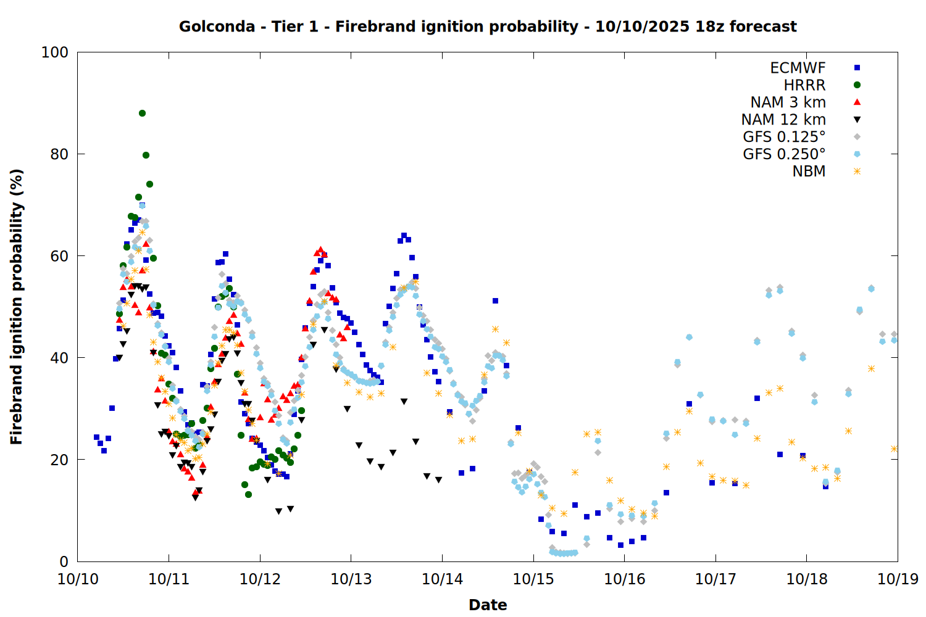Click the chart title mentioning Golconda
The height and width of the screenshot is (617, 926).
(488, 27)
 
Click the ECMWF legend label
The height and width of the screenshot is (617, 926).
(798, 68)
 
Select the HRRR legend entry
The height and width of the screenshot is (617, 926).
(804, 85)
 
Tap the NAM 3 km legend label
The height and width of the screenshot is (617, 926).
(788, 102)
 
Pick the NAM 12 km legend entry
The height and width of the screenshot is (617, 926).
(783, 120)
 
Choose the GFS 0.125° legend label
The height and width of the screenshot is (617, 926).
(784, 137)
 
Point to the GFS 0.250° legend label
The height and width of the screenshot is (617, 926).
(784, 154)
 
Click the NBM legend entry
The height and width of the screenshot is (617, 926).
(809, 172)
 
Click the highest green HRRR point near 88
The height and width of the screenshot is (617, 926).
(142, 113)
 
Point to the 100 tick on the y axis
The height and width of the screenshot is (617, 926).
(55, 52)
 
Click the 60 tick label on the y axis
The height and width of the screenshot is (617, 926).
(59, 256)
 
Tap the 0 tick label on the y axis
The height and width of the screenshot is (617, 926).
(64, 561)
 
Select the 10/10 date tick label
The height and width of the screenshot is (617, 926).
(78, 579)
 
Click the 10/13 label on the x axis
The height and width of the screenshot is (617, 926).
(351, 579)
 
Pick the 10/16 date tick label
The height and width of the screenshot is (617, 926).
(624, 579)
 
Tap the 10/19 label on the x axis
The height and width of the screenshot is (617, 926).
(898, 579)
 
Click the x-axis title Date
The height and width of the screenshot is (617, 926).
(488, 605)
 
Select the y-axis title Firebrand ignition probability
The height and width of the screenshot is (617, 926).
(17, 307)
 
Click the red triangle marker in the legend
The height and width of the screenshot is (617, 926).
(857, 102)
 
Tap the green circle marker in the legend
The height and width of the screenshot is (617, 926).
(857, 85)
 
